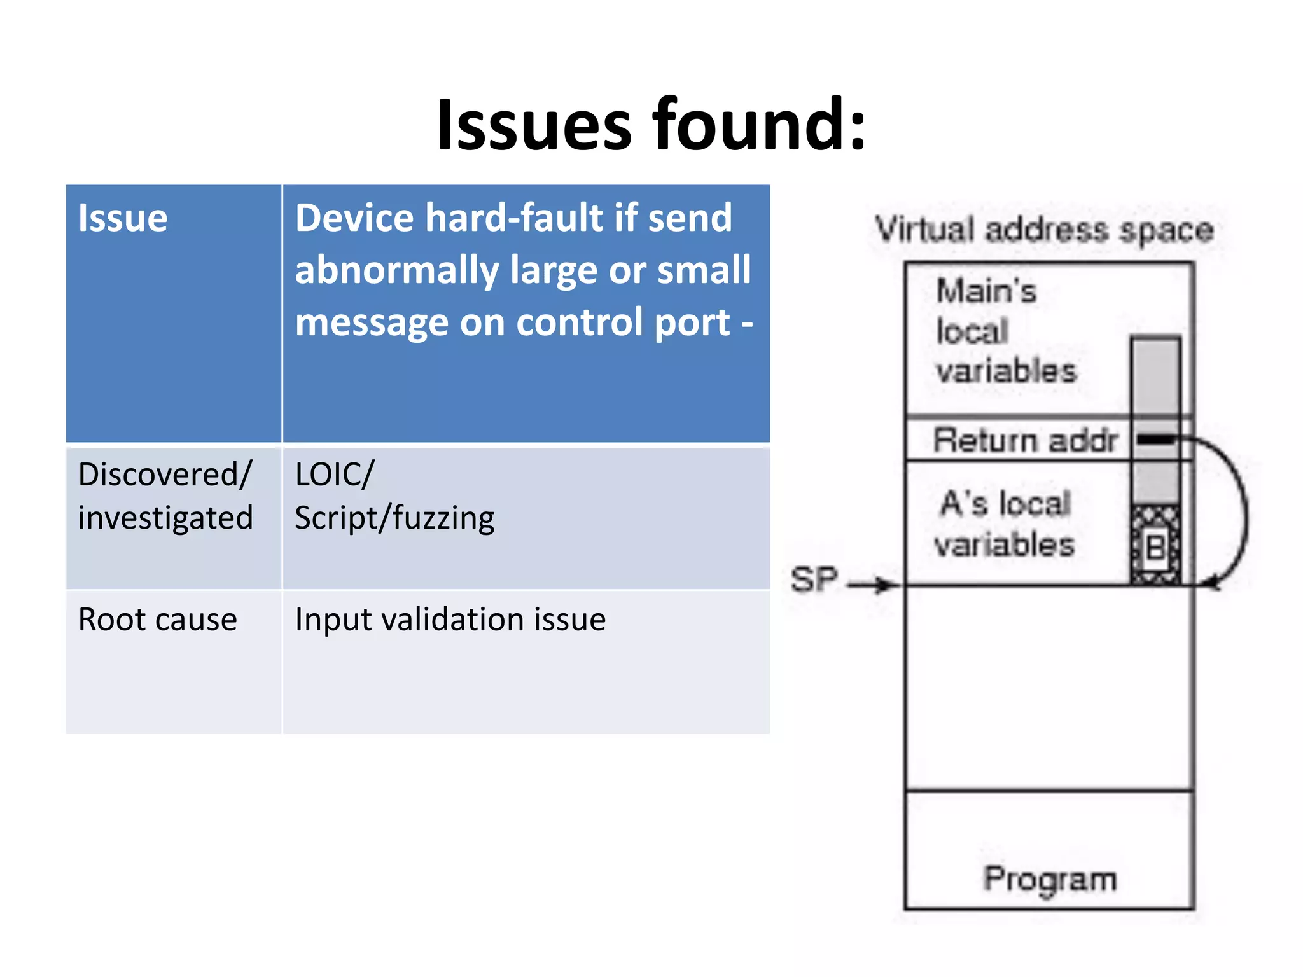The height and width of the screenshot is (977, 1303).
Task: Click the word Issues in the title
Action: (x=533, y=125)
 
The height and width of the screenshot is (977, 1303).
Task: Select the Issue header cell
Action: (x=123, y=218)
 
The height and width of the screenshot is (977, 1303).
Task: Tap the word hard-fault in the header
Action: (x=514, y=218)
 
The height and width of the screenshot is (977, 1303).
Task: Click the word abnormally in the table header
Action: (x=396, y=270)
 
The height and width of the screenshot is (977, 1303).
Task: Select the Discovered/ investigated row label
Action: (x=165, y=496)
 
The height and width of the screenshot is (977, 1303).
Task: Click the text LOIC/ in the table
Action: (x=335, y=475)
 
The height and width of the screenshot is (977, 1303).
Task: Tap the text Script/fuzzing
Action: (x=394, y=518)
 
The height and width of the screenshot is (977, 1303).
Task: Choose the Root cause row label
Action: (x=157, y=620)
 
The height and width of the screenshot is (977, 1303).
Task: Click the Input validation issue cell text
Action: (x=450, y=620)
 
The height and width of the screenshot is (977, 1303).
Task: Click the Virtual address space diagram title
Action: (x=1043, y=230)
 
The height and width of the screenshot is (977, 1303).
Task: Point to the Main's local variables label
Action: (x=1005, y=331)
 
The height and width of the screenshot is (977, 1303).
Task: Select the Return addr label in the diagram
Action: (x=1024, y=440)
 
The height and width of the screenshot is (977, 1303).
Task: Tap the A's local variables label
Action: (x=1005, y=524)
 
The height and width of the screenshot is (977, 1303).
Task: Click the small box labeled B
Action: (x=1155, y=547)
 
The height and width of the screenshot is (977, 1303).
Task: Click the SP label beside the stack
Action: (x=814, y=579)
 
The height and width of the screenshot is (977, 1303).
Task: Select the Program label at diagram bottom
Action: (x=1050, y=880)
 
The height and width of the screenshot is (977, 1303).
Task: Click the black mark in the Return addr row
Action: (x=1155, y=440)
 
